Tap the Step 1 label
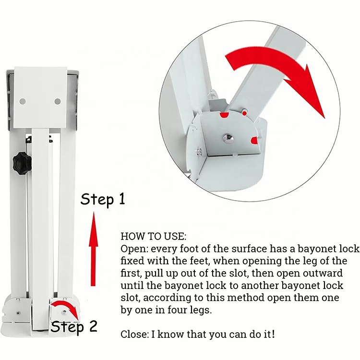click(x=103, y=199)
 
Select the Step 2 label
click(x=74, y=327)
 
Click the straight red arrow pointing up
click(x=93, y=249)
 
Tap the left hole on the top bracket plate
click(x=23, y=101)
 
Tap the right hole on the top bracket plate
click(x=58, y=101)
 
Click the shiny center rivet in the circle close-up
click(x=228, y=138)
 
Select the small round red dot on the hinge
click(x=245, y=113)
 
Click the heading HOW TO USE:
click(x=154, y=237)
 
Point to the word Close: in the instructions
click(x=135, y=334)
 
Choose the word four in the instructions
click(x=172, y=310)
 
